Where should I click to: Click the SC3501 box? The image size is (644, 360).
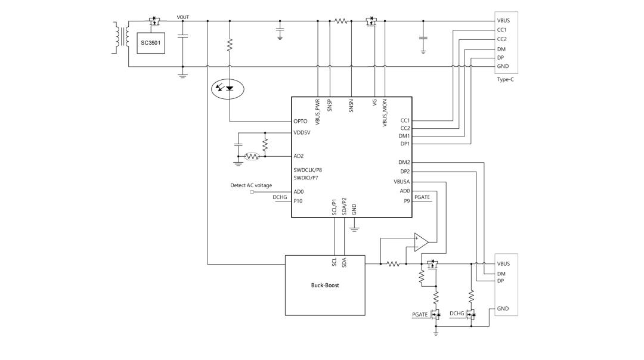click(151, 43)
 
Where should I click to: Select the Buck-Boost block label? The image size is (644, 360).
click(324, 285)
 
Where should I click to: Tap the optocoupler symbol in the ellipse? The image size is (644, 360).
click(228, 89)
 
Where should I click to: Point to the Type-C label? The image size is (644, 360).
click(506, 79)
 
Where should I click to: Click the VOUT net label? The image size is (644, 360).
click(183, 17)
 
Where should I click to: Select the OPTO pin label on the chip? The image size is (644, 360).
click(301, 121)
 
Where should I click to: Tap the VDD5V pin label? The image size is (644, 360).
click(302, 132)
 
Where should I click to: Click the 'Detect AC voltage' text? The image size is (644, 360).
click(251, 185)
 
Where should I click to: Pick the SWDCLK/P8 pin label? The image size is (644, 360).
click(308, 170)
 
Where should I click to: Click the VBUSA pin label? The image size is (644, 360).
click(401, 181)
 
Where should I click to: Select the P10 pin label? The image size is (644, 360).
click(298, 201)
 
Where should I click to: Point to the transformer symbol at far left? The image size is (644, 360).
click(122, 37)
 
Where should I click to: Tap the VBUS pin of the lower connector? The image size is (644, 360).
click(503, 263)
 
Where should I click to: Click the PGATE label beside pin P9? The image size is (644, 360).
click(422, 197)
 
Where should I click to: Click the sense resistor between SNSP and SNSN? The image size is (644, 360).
click(340, 21)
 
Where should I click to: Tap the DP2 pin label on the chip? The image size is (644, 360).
click(405, 172)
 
